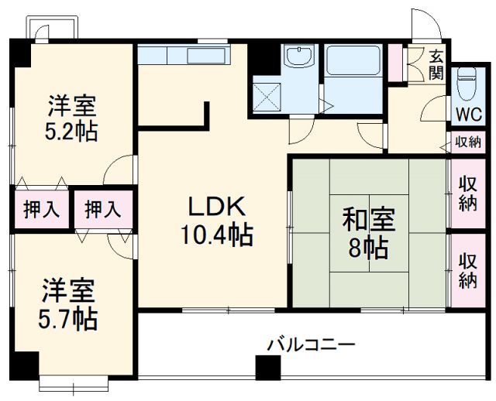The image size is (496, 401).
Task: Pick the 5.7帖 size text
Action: (69, 318)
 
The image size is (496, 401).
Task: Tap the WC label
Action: (467, 114)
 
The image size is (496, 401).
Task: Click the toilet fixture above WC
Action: (467, 84)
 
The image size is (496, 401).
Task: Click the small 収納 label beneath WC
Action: (467, 142)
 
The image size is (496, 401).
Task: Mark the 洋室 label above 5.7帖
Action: (69, 291)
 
